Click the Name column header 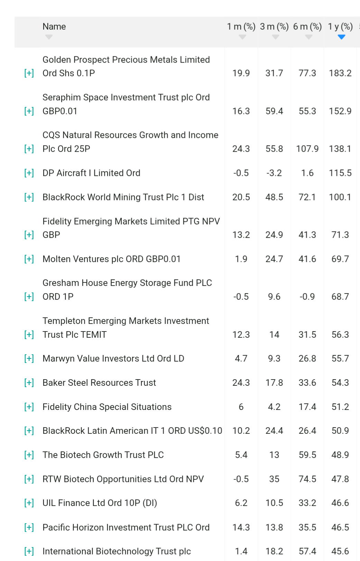[54, 27]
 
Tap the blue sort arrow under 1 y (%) [341, 37]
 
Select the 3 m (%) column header [274, 27]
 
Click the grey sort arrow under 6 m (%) [308, 37]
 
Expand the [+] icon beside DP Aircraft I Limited [29, 173]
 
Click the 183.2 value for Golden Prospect [340, 73]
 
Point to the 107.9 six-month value [307, 149]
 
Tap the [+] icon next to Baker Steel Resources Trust [29, 383]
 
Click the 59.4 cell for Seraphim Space [274, 111]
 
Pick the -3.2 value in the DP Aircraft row [274, 173]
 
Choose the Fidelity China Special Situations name [107, 407]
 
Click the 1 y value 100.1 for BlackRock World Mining [340, 197]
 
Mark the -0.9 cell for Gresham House [307, 297]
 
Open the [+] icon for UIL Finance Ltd [29, 503]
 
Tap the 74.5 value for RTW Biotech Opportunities [307, 479]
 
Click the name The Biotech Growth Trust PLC [103, 455]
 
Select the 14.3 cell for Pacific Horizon [241, 527]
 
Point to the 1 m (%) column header [241, 27]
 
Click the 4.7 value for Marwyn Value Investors [241, 359]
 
